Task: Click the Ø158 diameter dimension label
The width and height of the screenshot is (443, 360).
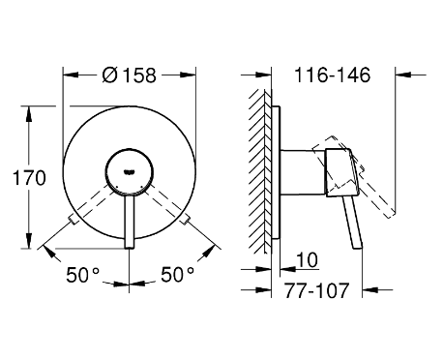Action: [x=129, y=75]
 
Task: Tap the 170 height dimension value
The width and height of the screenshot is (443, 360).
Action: [x=29, y=178]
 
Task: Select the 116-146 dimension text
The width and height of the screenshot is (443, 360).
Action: [x=333, y=75]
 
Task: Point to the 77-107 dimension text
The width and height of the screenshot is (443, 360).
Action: [x=316, y=290]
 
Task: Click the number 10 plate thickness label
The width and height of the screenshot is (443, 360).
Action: [x=307, y=259]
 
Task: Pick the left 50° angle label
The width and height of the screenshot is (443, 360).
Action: [x=83, y=275]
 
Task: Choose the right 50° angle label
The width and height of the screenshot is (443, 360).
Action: [x=178, y=275]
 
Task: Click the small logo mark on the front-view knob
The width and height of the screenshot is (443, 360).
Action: [x=129, y=172]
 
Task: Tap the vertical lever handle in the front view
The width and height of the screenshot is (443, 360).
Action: [x=130, y=222]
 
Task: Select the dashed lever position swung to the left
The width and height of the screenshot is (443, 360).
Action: [x=91, y=204]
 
